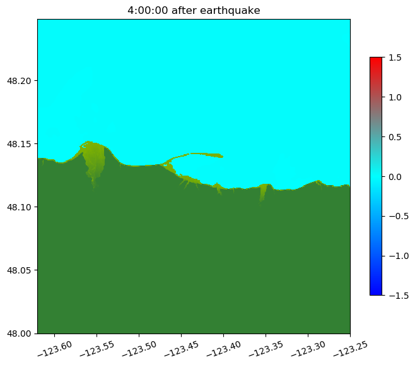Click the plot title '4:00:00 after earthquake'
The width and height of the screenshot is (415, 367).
pos(194,10)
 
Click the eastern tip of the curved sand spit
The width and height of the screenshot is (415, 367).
pos(222,156)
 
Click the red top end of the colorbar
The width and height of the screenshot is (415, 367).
pos(376,59)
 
